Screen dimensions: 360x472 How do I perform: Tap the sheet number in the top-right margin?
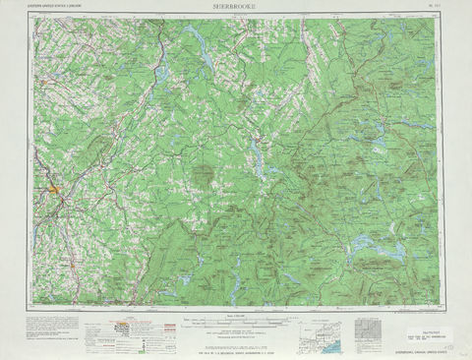coord(432,8)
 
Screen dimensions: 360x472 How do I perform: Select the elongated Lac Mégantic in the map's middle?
coord(258,155)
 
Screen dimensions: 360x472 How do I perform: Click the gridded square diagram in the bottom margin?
coord(366,329)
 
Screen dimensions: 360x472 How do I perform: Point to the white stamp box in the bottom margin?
coord(430,335)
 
